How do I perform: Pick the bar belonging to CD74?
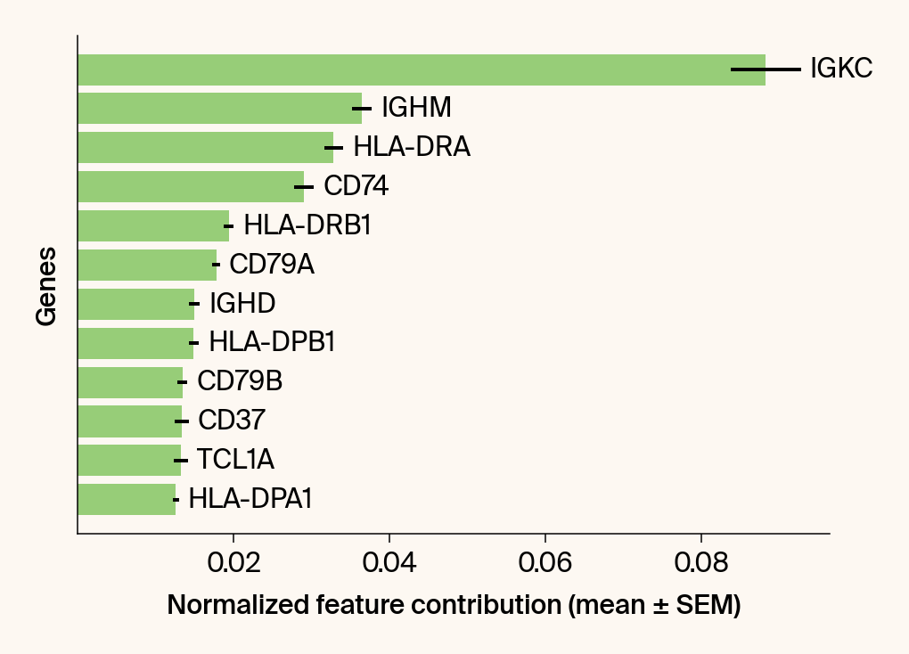coord(187,186)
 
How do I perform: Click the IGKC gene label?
coord(840,69)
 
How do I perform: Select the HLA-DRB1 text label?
coord(307,225)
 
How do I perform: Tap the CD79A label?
coord(272,265)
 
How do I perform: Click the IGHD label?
coord(242,304)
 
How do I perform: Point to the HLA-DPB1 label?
coord(272,342)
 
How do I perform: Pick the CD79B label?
coord(240,381)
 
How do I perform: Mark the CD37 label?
coord(232,421)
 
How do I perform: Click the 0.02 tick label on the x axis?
coord(233,563)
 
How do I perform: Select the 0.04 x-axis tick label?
coord(389,563)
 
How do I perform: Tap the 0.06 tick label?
coord(545,563)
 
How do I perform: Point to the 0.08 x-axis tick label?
coord(701,563)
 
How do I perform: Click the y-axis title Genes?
coord(47,286)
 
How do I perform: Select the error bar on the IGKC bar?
coord(766,69)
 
